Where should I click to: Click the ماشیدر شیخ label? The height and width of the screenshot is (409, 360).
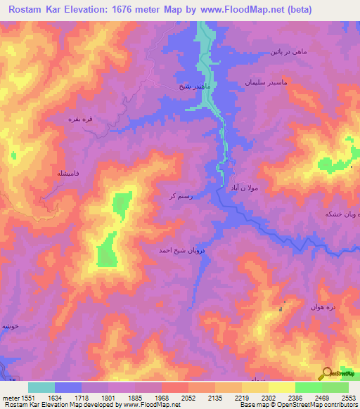click(192, 86)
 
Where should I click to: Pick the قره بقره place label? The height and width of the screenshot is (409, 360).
click(79, 119)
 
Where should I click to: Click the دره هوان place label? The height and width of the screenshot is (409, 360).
click(323, 307)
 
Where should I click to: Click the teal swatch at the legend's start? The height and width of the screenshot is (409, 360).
click(41, 387)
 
